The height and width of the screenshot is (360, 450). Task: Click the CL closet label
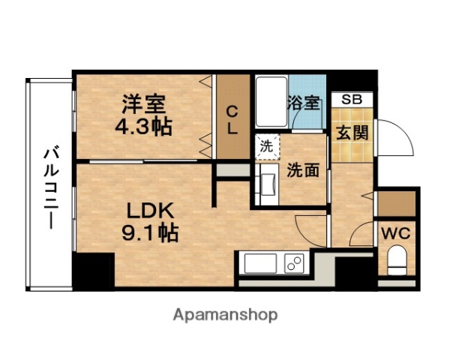coord(232,120)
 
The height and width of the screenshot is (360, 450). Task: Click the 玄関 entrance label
coord(351,133)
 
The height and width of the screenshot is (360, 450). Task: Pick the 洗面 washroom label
coord(303,169)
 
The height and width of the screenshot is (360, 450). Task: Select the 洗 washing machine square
coord(266,146)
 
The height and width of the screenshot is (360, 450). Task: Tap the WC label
coord(394,233)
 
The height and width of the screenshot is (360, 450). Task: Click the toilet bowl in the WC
coord(395,262)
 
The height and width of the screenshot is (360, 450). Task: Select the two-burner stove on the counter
coord(293,264)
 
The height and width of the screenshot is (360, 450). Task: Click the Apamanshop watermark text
coord(226,314)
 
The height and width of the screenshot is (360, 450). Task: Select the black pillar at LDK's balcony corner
coord(92,269)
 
